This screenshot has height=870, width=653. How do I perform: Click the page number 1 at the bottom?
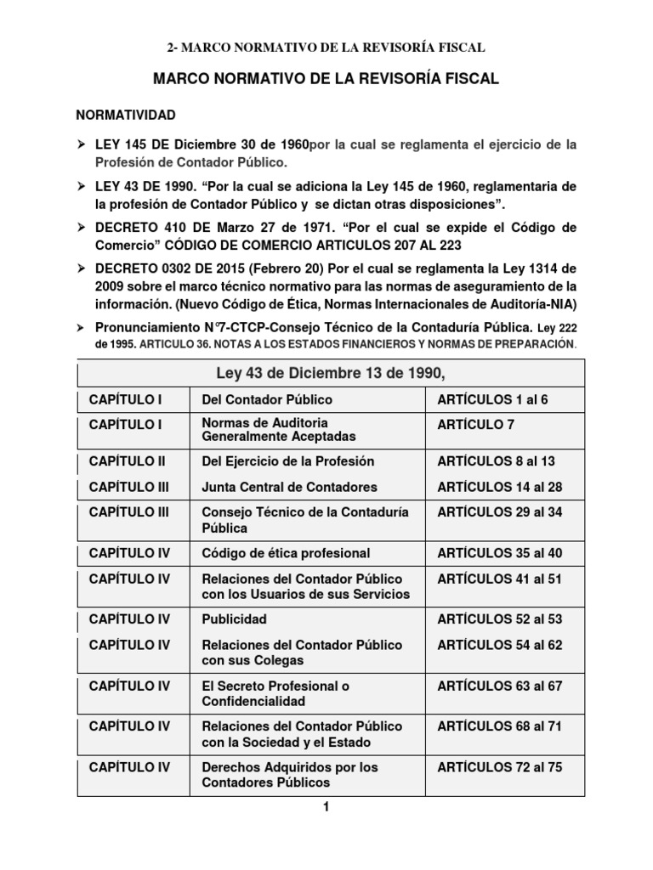(x=325, y=808)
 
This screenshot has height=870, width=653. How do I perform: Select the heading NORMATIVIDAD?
(x=126, y=113)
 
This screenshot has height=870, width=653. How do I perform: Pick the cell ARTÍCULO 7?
(x=476, y=424)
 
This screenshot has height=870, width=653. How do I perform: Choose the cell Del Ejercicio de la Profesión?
(x=287, y=461)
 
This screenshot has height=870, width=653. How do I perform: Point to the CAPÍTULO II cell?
(x=127, y=461)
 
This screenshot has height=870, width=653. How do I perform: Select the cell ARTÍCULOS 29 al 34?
(x=499, y=512)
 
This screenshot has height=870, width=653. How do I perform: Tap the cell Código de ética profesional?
(x=286, y=553)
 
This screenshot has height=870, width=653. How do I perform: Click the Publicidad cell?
(x=234, y=619)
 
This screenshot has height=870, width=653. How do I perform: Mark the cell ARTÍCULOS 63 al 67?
(x=499, y=686)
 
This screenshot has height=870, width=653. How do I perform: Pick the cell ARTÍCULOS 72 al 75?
(x=499, y=767)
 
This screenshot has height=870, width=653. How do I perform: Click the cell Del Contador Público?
(x=267, y=398)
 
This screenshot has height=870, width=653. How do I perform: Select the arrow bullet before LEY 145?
(x=82, y=144)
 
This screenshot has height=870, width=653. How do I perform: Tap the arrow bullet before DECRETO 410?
(x=82, y=229)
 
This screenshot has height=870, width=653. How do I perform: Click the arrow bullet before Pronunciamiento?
(x=82, y=326)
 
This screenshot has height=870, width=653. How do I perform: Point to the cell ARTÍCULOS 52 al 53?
(x=499, y=619)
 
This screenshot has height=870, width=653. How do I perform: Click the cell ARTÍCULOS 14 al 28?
(x=499, y=488)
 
